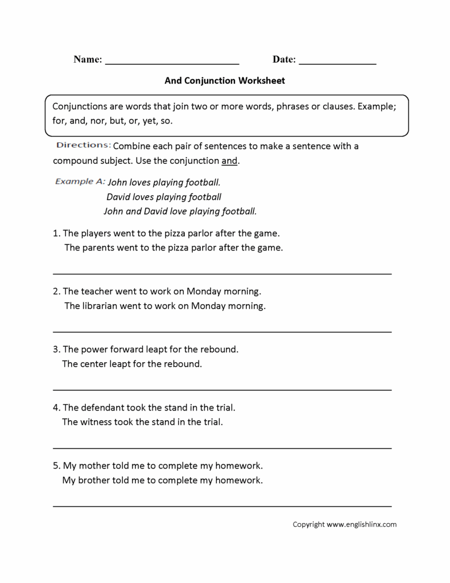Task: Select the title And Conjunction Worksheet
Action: [x=225, y=81]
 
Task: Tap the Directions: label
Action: [x=83, y=145]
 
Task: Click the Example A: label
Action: [x=80, y=182]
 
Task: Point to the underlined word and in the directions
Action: [x=229, y=161]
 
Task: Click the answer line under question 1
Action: [x=222, y=273]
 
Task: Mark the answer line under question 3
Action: [x=222, y=389]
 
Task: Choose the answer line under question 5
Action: [x=222, y=506]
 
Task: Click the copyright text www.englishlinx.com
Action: [x=361, y=524]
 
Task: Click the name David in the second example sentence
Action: [x=118, y=197]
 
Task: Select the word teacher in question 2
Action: [x=97, y=291]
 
